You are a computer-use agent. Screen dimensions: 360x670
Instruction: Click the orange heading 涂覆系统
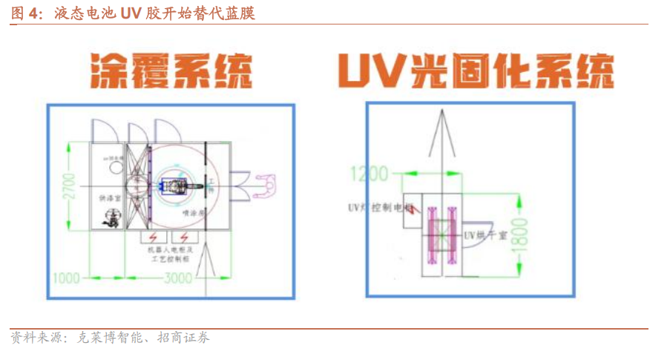click(x=171, y=71)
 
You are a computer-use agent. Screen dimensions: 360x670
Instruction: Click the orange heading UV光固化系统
click(x=475, y=71)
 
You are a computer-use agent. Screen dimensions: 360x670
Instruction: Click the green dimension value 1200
click(x=369, y=174)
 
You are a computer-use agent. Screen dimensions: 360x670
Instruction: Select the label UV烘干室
click(x=485, y=235)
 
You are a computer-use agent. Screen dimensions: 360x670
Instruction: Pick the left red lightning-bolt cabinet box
click(x=153, y=238)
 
